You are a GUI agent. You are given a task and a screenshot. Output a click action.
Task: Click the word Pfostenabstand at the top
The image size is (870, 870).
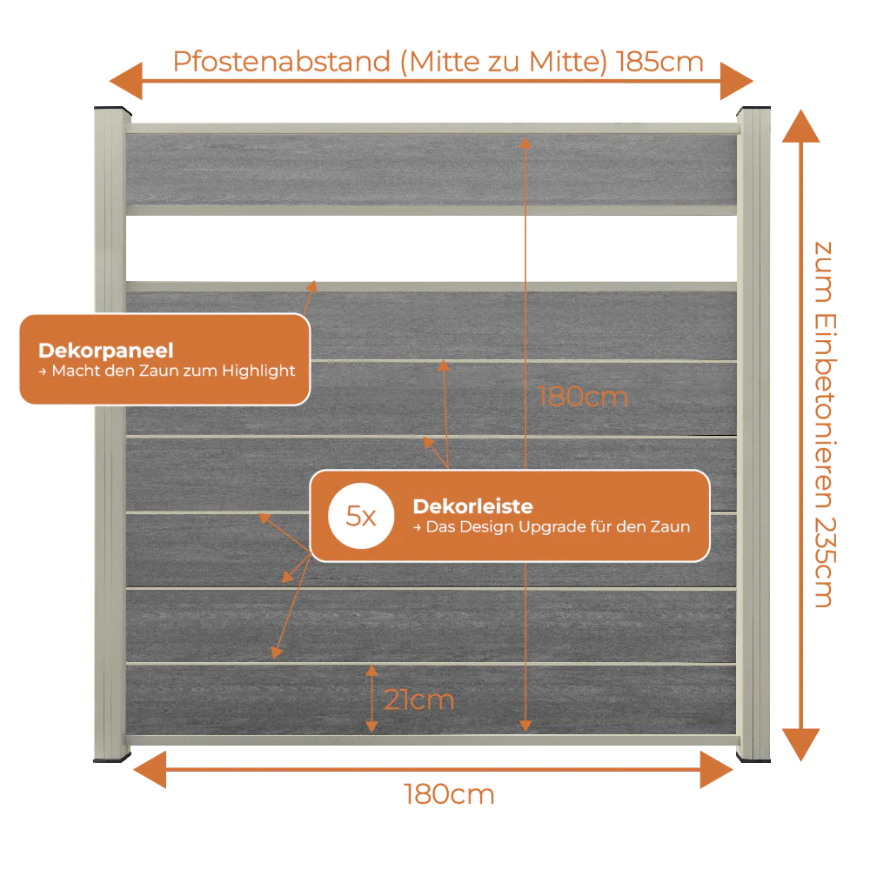click(x=282, y=62)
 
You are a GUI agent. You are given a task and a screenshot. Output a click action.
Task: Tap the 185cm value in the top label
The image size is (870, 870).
click(x=659, y=62)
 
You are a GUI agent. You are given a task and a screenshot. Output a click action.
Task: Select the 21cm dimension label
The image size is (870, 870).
click(x=419, y=699)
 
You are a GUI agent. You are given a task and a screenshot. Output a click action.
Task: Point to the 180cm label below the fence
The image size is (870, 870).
click(x=449, y=794)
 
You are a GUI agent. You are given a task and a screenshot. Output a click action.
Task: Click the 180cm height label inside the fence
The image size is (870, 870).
click(x=583, y=398)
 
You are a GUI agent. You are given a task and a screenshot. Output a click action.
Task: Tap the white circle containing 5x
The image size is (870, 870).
click(x=361, y=516)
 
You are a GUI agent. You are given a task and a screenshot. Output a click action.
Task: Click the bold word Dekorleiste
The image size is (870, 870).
click(x=472, y=506)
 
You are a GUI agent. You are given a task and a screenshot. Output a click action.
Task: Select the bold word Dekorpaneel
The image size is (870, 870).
click(x=106, y=351)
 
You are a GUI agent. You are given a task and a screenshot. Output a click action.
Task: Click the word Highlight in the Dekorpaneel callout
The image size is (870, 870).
click(x=258, y=371)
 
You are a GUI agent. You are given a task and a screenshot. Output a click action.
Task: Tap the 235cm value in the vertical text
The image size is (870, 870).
click(x=825, y=563)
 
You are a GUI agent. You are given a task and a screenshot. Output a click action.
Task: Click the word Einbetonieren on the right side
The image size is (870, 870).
click(x=825, y=412)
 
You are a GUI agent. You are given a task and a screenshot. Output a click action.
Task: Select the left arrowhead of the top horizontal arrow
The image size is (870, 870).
click(x=126, y=81)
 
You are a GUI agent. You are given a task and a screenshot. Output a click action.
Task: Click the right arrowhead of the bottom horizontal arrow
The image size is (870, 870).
click(x=717, y=770)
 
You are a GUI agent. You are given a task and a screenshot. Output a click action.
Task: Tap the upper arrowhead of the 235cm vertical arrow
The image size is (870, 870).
click(x=800, y=126)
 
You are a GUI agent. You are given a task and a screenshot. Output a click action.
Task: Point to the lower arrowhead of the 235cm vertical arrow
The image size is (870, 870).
click(x=800, y=746)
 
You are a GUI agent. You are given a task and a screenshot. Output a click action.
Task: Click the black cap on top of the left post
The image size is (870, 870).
click(x=112, y=110)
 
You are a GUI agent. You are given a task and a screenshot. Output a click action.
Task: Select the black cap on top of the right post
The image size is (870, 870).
click(x=753, y=110)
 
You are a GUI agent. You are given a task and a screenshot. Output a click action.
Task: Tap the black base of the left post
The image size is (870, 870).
click(x=112, y=758)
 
